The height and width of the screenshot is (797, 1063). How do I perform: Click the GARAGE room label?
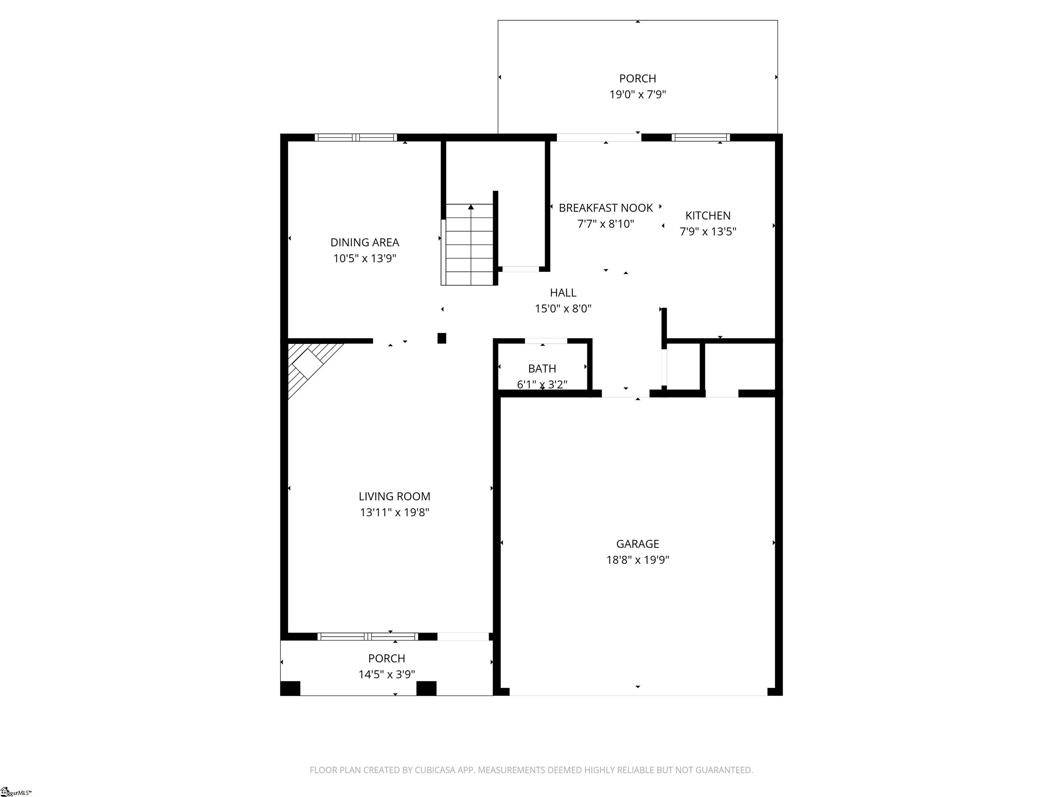637,543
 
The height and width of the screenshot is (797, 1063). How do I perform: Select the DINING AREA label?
365,242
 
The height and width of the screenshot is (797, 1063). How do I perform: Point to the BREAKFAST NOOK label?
606,208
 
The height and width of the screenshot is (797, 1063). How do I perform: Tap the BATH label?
542,368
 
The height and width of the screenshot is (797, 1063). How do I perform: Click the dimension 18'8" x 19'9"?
637,560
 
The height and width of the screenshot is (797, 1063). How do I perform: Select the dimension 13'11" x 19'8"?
394,512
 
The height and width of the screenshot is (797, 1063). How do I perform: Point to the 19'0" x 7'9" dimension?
637,94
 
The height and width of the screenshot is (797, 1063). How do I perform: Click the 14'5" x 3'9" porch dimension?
387,674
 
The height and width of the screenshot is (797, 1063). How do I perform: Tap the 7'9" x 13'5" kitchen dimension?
708,231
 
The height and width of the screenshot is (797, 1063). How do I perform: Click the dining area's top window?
356,137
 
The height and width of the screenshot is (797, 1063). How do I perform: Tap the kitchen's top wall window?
701,137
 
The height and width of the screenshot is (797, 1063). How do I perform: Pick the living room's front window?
367,636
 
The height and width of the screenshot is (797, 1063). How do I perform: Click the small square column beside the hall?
442,338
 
